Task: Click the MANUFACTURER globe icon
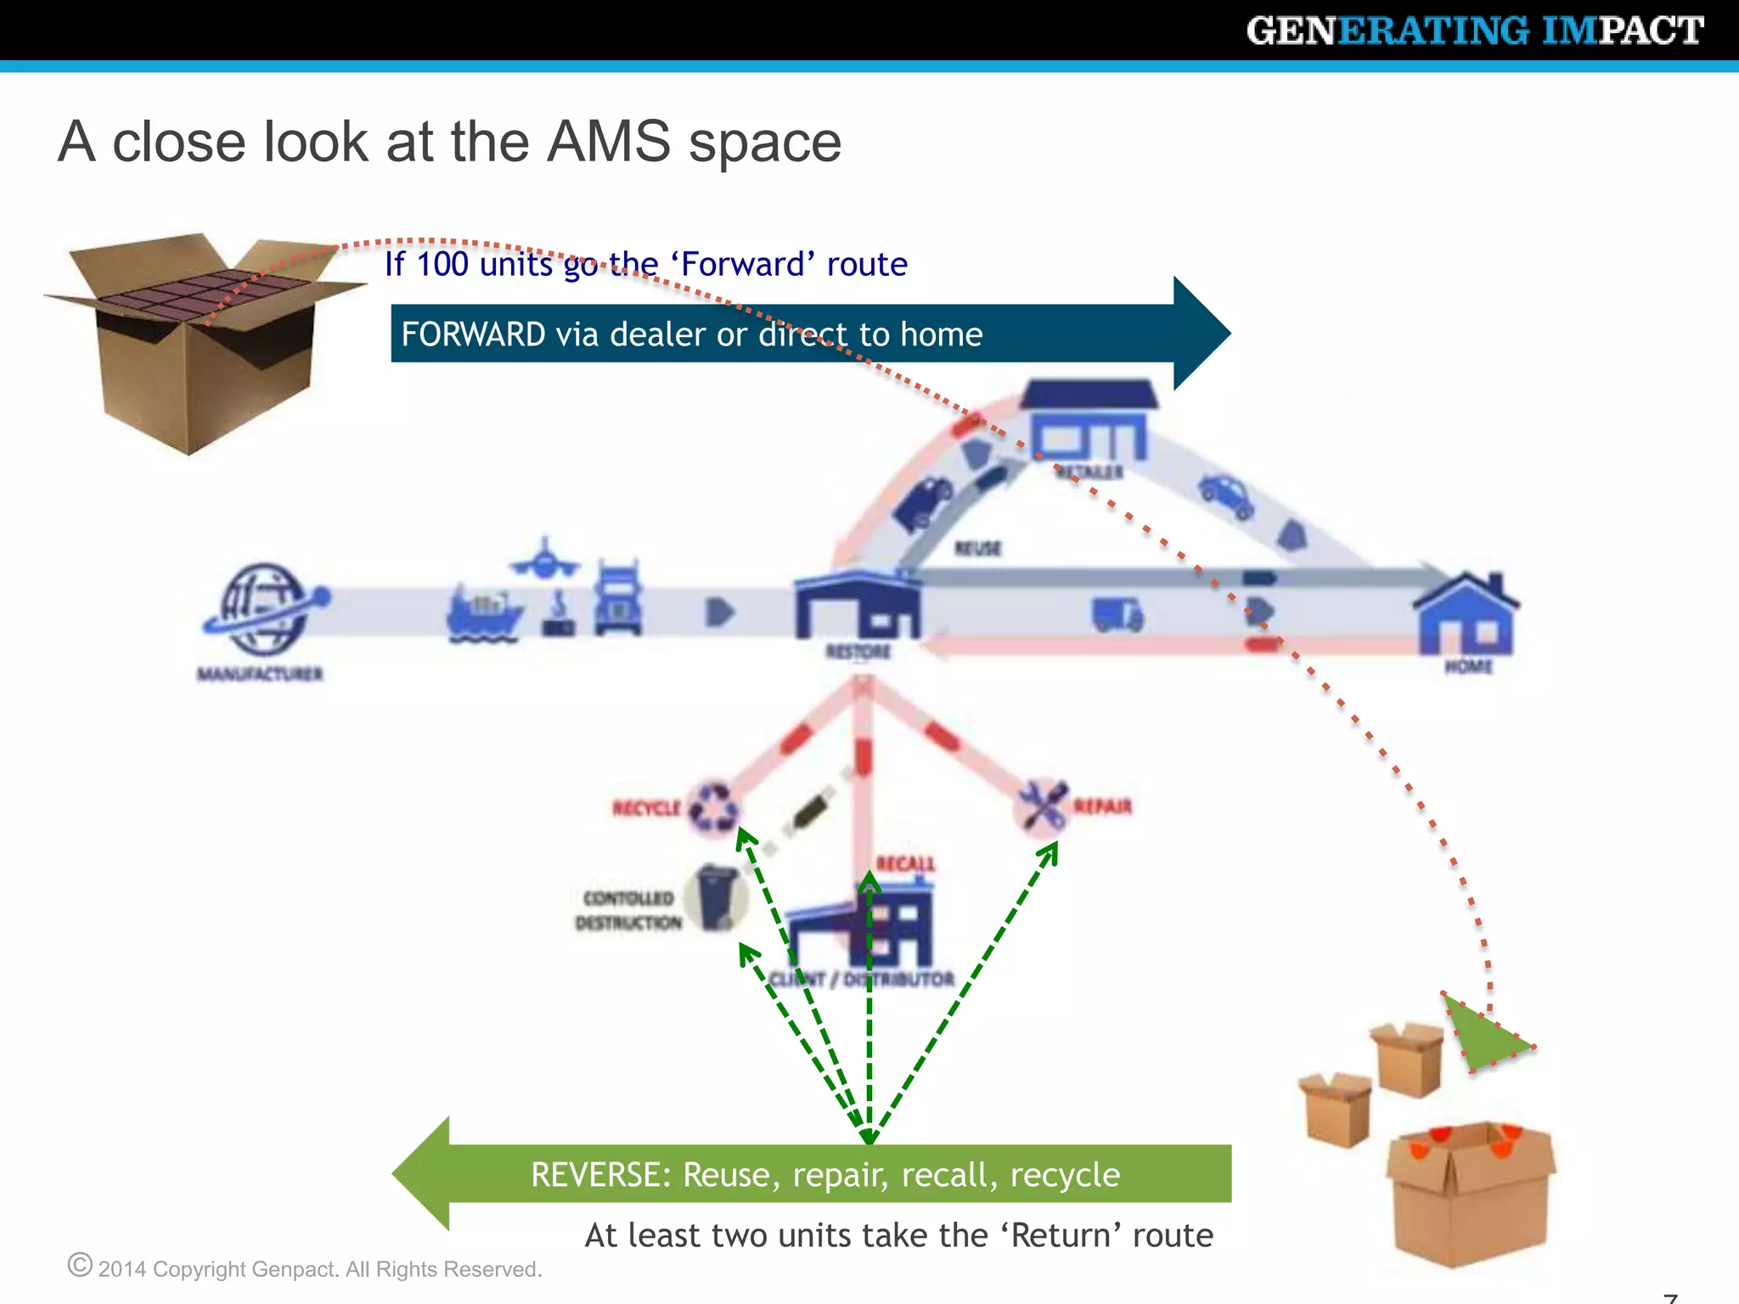click(263, 609)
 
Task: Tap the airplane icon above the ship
click(544, 559)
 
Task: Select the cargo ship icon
click(484, 612)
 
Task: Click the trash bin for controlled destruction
click(718, 897)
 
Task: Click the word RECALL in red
click(905, 864)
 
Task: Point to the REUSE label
click(978, 548)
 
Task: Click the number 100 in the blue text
click(442, 264)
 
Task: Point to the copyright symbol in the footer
click(80, 1265)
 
